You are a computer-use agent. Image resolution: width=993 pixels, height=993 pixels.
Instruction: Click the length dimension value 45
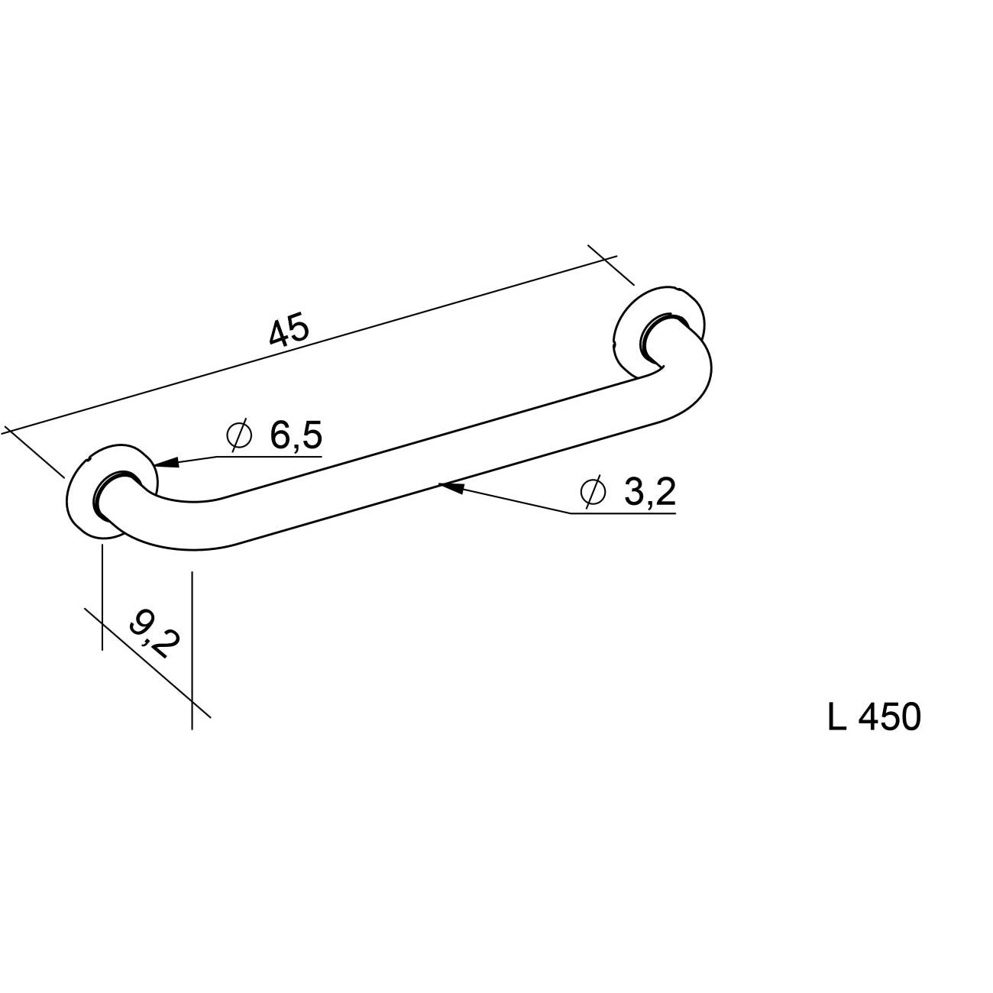(289, 332)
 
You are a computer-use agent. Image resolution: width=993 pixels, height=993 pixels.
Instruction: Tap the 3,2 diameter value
(649, 492)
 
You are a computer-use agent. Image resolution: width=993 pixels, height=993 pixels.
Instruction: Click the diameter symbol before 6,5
(239, 435)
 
